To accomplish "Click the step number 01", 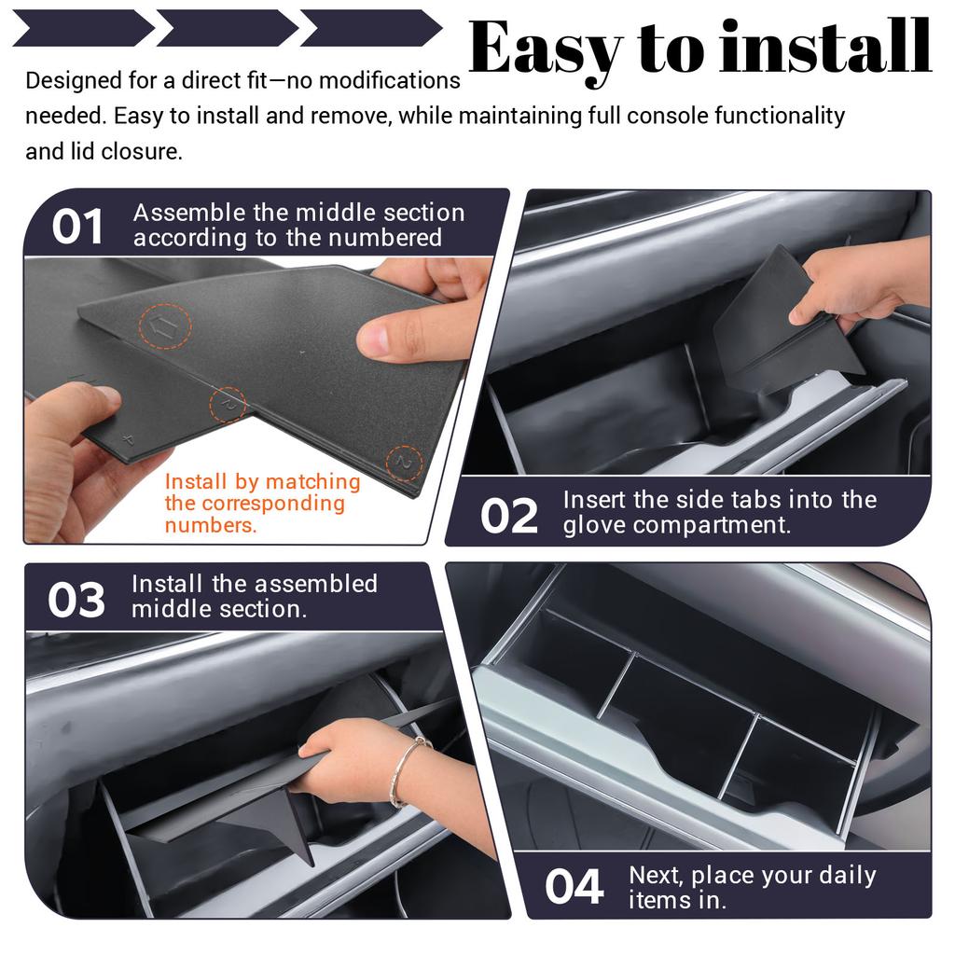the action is pyautogui.click(x=76, y=227).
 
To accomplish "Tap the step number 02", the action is pyautogui.click(x=508, y=516).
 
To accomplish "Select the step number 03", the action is pyautogui.click(x=76, y=600).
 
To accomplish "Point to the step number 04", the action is pyautogui.click(x=574, y=887).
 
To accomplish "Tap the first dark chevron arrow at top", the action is pyautogui.click(x=83, y=28).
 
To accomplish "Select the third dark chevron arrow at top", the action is pyautogui.click(x=371, y=28).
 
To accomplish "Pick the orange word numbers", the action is pyautogui.click(x=210, y=525).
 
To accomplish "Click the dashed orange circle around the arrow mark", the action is pyautogui.click(x=165, y=326).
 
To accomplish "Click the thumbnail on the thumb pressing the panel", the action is pyautogui.click(x=373, y=339).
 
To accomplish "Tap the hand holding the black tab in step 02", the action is pyautogui.click(x=860, y=282).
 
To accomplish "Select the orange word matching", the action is pyautogui.click(x=313, y=482).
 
